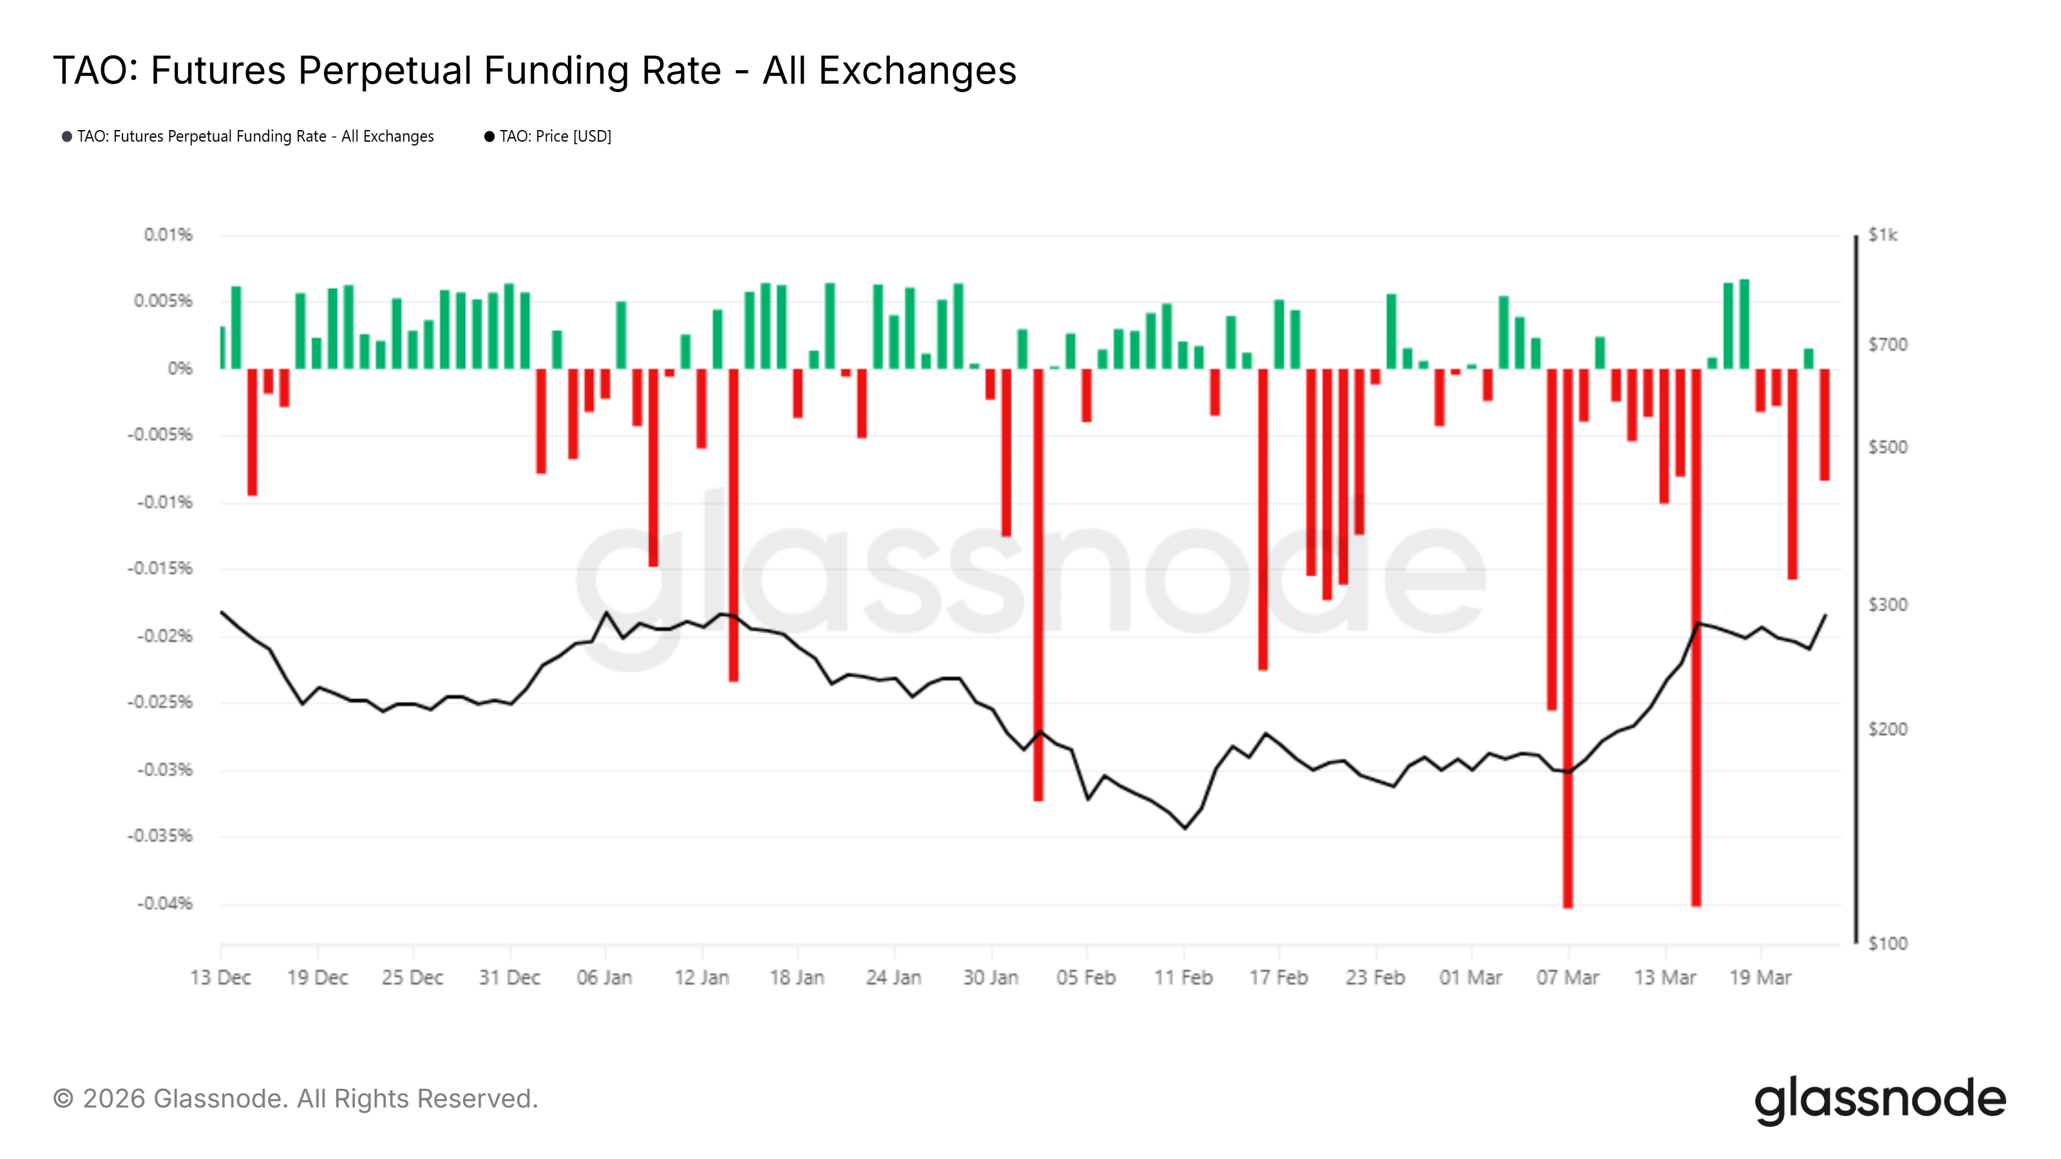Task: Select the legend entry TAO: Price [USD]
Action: pos(555,137)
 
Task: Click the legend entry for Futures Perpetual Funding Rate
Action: pos(254,137)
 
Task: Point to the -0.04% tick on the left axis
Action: pos(165,904)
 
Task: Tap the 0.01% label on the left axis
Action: pos(168,235)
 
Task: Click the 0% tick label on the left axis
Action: pos(180,369)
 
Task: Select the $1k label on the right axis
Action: pos(1882,235)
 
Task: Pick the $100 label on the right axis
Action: pos(1887,944)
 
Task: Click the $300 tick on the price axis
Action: pos(1887,605)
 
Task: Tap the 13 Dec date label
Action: pos(220,977)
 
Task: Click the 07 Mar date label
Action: pos(1566,977)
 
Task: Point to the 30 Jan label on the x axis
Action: pos(991,977)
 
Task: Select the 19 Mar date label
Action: pos(1760,977)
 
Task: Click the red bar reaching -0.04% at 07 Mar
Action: pos(1568,640)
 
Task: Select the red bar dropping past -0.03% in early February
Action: pos(1038,584)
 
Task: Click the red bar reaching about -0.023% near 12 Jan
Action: pos(733,524)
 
